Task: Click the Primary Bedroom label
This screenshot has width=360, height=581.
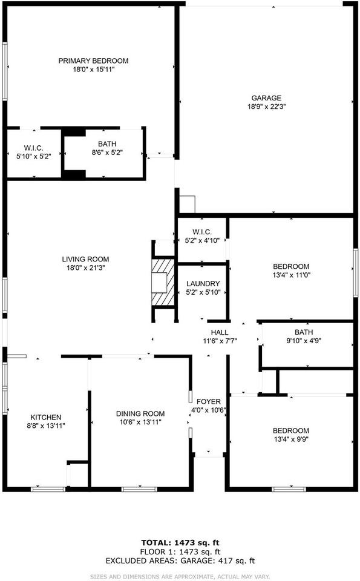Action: coord(93,61)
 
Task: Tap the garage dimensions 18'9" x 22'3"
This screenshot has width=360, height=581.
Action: coord(266,107)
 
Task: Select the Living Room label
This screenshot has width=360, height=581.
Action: coord(85,259)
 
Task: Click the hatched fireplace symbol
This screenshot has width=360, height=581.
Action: coord(162,282)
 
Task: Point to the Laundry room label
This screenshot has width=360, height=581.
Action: coord(203,283)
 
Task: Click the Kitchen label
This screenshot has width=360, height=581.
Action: coord(46,417)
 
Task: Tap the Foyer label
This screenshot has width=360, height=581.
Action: coord(209,402)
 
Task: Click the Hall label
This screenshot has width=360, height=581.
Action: coord(220,332)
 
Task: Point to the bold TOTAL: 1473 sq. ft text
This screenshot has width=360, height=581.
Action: coord(180,543)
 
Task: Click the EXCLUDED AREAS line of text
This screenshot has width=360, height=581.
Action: coord(180,561)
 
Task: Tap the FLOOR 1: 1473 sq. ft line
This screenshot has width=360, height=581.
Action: coord(180,552)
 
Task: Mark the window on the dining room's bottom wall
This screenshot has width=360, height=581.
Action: coord(140,490)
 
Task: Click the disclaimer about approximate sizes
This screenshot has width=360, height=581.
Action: coord(180,577)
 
